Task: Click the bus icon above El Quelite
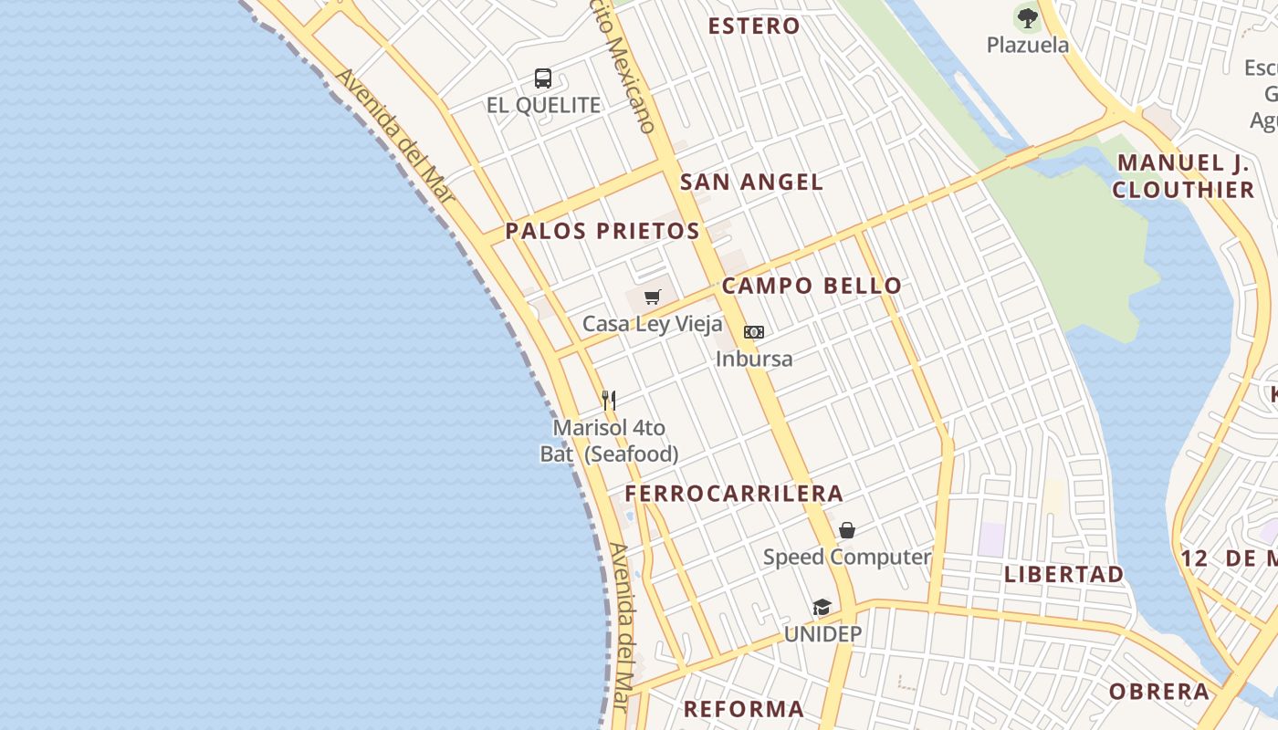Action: tap(543, 78)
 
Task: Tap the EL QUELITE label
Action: tap(543, 106)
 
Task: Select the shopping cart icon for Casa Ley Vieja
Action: tap(652, 297)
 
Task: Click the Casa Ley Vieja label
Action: tap(652, 324)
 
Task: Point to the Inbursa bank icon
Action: tap(754, 332)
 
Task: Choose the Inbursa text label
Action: tap(754, 359)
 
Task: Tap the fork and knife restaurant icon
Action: tap(609, 400)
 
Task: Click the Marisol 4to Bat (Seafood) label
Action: tap(609, 441)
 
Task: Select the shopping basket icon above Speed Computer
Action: tap(847, 530)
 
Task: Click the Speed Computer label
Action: tap(847, 557)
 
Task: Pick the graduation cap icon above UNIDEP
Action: tap(822, 608)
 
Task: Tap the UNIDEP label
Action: tap(822, 634)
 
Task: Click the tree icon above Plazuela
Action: tap(1028, 17)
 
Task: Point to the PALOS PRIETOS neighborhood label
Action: tap(602, 231)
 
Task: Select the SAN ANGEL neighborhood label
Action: tap(751, 182)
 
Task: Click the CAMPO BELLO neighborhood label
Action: tap(812, 286)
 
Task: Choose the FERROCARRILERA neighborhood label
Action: tap(734, 494)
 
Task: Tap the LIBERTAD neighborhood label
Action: tap(1063, 574)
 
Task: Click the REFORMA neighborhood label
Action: tap(744, 708)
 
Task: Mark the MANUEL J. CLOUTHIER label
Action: tap(1184, 176)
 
